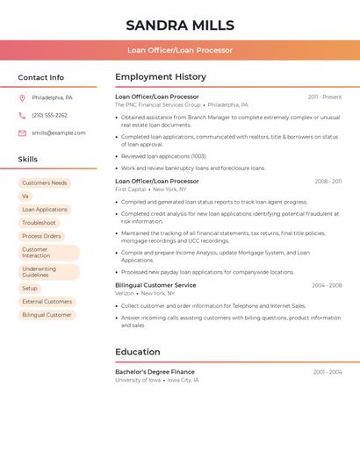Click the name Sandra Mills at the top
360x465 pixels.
point(180,25)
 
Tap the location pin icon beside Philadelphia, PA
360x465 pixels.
point(22,97)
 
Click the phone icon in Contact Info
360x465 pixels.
point(22,115)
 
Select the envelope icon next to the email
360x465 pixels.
point(22,133)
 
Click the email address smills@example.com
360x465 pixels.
point(59,133)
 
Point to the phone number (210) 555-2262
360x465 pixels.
point(49,115)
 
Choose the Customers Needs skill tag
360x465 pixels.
point(45,183)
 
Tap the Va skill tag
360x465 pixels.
point(25,197)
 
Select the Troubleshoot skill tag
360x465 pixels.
point(39,223)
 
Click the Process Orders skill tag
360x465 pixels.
point(41,236)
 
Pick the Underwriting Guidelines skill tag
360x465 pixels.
point(48,272)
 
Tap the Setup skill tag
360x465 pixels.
point(30,288)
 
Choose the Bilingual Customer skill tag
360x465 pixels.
point(47,314)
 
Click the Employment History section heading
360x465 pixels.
point(161,77)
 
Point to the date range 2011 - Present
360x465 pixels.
point(325,97)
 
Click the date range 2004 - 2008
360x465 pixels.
point(327,285)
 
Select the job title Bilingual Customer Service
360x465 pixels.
point(155,285)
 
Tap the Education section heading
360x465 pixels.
point(138,352)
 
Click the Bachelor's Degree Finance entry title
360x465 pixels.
point(155,372)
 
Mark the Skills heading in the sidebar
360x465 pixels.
point(28,159)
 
